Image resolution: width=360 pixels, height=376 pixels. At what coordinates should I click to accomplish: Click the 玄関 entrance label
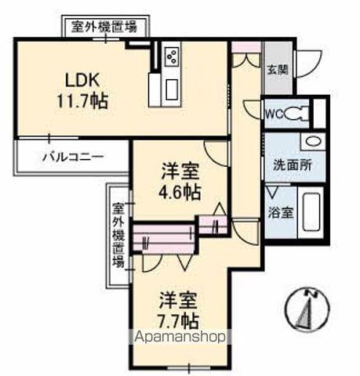[x=276, y=69]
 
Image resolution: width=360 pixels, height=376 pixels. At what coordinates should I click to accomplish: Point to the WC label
[x=274, y=114]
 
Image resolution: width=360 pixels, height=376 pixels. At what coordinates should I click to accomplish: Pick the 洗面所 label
[x=292, y=165]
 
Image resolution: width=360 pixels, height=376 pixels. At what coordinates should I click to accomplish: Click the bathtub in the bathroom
[x=312, y=211]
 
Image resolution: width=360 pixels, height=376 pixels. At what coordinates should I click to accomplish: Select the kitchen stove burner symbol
[x=172, y=57]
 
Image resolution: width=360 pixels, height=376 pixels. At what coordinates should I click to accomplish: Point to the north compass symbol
[x=307, y=309]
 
